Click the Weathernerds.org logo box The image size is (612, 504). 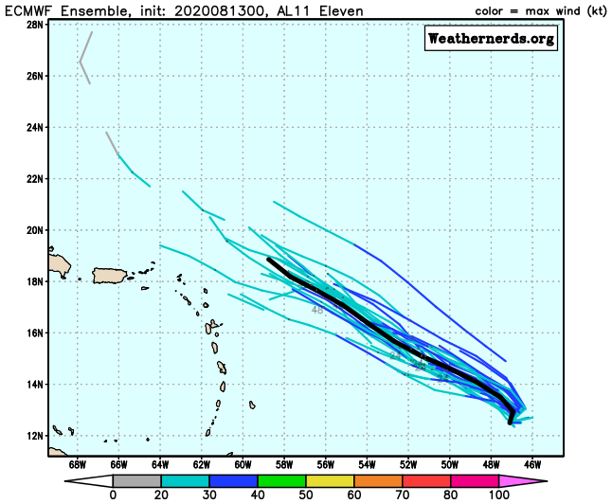(x=491, y=39)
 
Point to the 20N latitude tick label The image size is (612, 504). (x=35, y=229)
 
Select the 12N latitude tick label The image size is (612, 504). (x=35, y=436)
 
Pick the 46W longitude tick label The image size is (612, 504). (x=532, y=465)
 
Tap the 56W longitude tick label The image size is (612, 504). (x=325, y=465)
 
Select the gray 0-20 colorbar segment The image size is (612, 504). (x=134, y=480)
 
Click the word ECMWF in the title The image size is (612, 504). (x=29, y=9)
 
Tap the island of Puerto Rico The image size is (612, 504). (x=111, y=276)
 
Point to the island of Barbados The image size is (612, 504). (x=252, y=405)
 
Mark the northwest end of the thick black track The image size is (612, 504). (x=269, y=259)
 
